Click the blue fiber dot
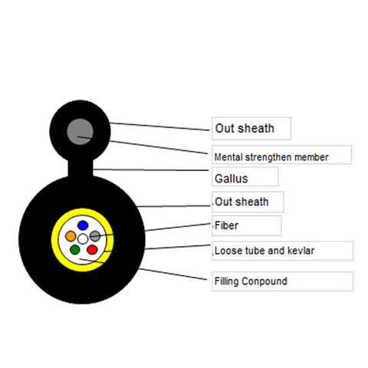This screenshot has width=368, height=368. (83, 225)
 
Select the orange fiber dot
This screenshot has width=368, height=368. (71, 236)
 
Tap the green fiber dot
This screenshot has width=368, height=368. (75, 249)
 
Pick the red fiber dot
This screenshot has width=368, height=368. (92, 249)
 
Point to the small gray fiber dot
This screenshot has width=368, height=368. (95, 236)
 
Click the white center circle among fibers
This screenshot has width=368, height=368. (83, 239)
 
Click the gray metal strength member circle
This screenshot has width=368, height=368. (80, 132)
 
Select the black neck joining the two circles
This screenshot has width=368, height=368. (80, 167)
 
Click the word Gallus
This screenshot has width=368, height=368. (232, 179)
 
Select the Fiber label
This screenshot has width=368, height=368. (226, 225)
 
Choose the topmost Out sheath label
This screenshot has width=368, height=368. (245, 128)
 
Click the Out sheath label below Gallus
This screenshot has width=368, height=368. (242, 202)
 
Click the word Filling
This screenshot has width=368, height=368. (226, 281)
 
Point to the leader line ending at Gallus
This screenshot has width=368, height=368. (151, 169)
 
